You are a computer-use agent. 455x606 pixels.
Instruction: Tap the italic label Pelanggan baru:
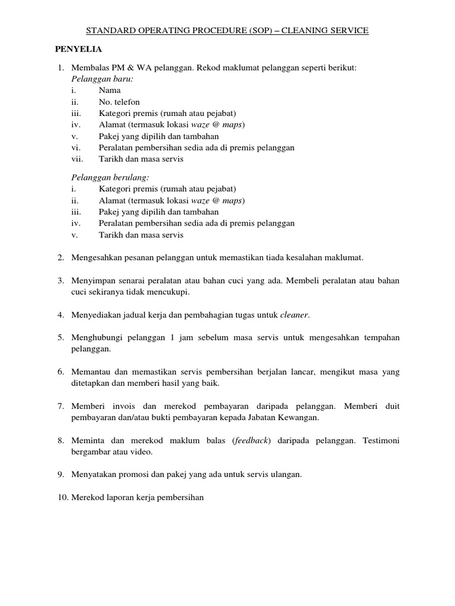pos(94,79)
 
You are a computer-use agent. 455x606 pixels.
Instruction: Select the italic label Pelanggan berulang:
pos(102,177)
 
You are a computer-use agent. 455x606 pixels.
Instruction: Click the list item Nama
pos(110,91)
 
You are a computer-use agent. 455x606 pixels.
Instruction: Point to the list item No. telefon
pos(120,102)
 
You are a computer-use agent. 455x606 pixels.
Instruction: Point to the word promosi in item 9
pos(132,475)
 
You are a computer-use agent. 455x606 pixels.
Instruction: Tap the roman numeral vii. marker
pos(77,159)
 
